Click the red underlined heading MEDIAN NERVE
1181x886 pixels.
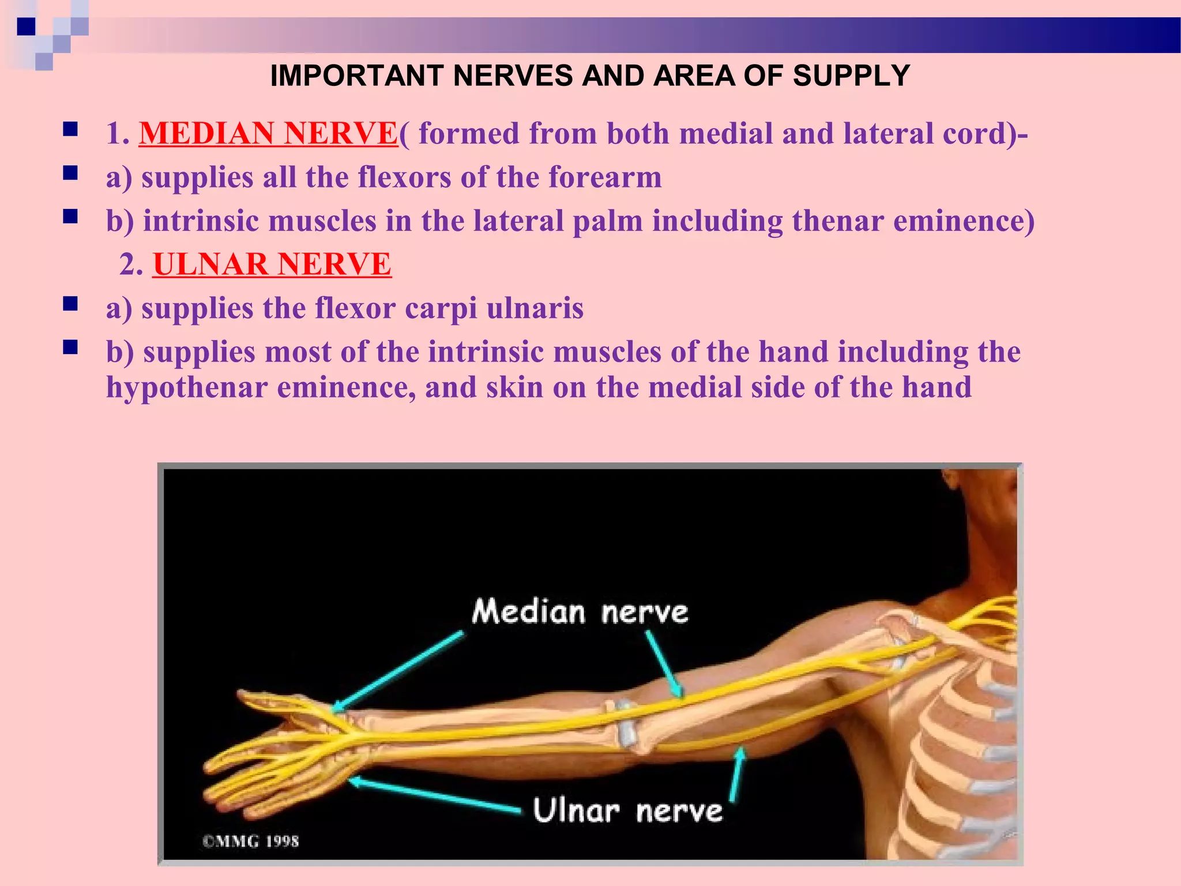[x=268, y=133]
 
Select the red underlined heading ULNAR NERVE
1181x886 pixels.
[x=272, y=264]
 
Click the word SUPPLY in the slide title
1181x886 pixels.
[x=851, y=76]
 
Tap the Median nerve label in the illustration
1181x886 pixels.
[x=580, y=612]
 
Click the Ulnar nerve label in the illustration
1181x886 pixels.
[x=627, y=810]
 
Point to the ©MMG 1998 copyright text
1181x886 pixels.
[x=250, y=841]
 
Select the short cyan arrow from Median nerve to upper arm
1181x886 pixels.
[x=664, y=663]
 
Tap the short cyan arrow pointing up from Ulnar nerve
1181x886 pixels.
[x=737, y=774]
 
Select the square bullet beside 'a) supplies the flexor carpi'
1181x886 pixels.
[x=70, y=304]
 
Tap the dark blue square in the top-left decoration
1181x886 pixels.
[x=26, y=27]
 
